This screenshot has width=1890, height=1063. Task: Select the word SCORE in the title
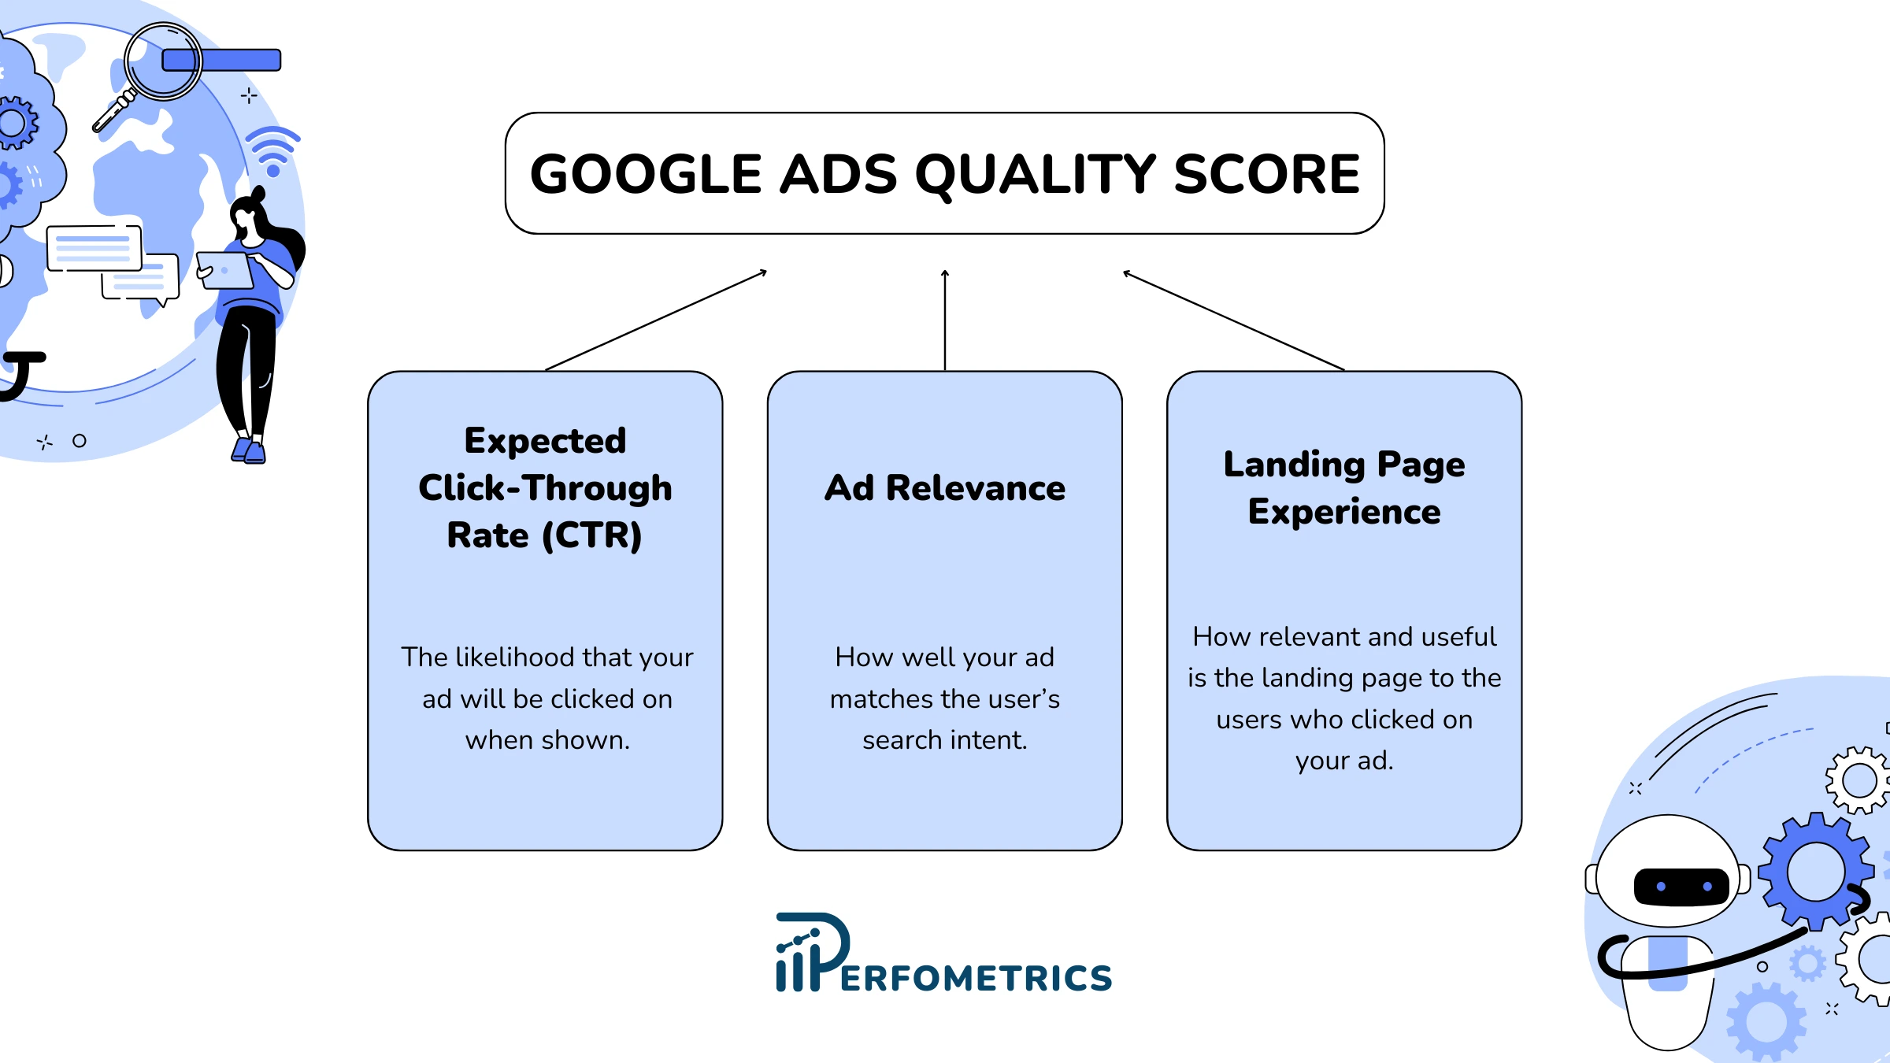tap(1266, 174)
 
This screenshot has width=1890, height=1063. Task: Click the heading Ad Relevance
tap(945, 488)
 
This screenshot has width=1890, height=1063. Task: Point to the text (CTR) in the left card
tap(592, 536)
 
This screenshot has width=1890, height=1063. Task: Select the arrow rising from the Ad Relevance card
tap(945, 320)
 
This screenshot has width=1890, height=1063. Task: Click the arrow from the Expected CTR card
tap(656, 320)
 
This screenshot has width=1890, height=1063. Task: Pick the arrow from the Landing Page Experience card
tap(1234, 320)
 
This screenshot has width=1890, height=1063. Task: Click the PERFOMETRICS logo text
tap(976, 978)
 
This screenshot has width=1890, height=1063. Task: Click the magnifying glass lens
tap(163, 61)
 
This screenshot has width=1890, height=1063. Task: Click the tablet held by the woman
tap(225, 271)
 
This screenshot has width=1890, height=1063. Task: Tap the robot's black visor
tap(1681, 887)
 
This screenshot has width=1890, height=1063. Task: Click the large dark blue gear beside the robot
tap(1816, 871)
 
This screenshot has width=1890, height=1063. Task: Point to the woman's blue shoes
tap(249, 450)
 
